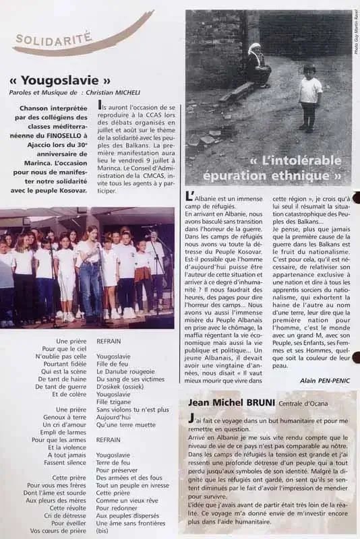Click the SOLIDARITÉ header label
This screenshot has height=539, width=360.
[x=53, y=39]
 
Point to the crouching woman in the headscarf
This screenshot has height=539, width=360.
[x=258, y=66]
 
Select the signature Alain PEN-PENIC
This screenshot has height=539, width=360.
[x=320, y=379]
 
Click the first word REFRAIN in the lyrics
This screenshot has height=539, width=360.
[x=109, y=342]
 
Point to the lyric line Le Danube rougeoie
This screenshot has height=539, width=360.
[x=127, y=371]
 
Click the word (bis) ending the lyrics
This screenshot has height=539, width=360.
[x=104, y=530]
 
